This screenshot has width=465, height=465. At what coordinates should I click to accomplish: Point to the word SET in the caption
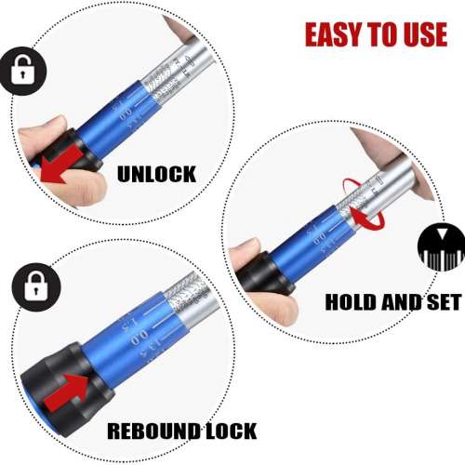(x=441, y=303)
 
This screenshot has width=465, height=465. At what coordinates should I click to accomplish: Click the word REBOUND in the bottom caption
(x=153, y=431)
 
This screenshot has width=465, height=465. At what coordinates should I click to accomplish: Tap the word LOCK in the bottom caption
(x=236, y=431)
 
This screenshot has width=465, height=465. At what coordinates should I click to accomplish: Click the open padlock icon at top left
(x=20, y=71)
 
